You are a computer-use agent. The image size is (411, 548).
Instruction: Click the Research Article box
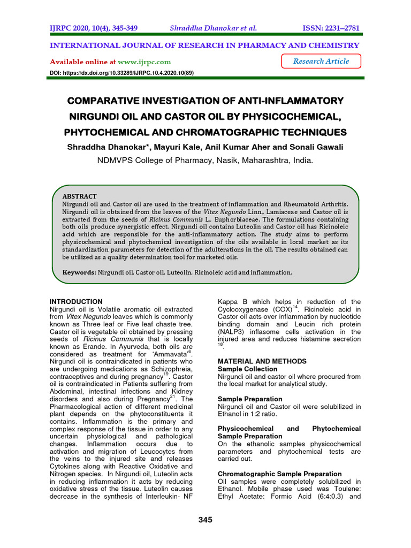tap(321, 62)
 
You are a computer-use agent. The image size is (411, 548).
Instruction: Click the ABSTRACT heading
tap(80, 196)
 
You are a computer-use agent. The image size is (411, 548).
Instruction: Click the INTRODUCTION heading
tap(76, 302)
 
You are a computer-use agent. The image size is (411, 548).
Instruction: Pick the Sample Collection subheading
tap(248, 369)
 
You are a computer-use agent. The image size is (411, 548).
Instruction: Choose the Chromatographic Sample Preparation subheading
tap(280, 474)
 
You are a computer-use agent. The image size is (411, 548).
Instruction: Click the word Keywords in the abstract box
tap(79, 272)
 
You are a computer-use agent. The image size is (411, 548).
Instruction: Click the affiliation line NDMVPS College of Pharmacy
tap(205, 160)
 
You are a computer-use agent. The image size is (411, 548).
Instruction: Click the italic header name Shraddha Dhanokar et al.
tap(213, 28)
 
